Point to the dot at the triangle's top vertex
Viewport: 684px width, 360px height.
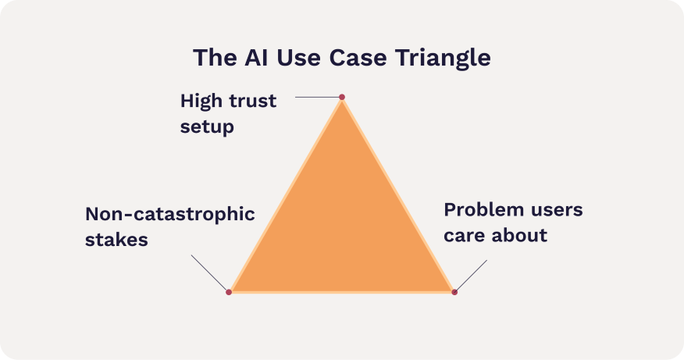click(341, 97)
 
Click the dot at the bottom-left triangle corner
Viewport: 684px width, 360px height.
click(229, 292)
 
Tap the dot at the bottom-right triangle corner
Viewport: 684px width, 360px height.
click(454, 292)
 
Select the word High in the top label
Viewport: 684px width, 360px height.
click(201, 102)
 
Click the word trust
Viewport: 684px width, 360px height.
click(251, 102)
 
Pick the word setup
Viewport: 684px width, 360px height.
click(207, 127)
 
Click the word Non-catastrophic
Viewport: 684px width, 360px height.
click(169, 214)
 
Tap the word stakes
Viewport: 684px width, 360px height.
click(116, 239)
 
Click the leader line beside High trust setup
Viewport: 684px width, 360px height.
click(318, 97)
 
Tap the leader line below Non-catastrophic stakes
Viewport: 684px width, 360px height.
click(210, 273)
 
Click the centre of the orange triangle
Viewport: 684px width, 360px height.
click(341, 226)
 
